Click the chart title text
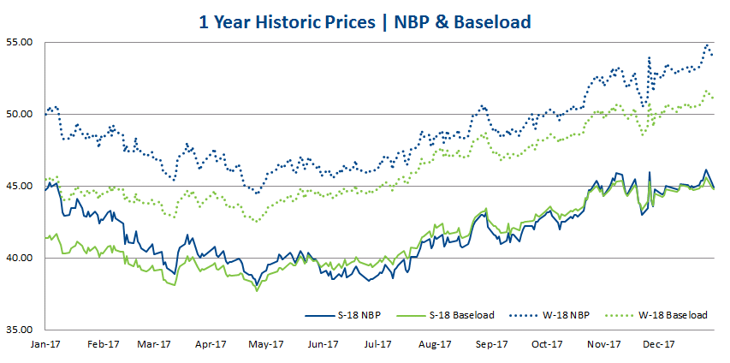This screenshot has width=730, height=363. tap(365, 20)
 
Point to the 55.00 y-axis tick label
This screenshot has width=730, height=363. tap(19, 42)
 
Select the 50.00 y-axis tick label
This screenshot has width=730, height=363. tap(19, 114)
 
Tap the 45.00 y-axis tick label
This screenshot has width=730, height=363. tap(19, 186)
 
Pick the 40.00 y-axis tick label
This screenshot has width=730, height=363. tap(19, 258)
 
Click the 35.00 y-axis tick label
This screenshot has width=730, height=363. tap(19, 330)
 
